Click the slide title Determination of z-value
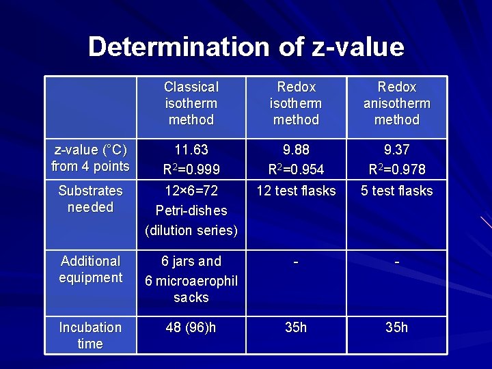246,47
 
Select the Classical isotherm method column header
191,103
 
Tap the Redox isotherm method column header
296,103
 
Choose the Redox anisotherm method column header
397,103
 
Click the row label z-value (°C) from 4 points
90,158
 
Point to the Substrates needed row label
90,199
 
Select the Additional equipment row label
90,269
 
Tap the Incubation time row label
90,336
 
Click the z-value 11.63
191,150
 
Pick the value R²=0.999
191,169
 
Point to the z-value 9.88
296,150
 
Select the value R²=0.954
296,169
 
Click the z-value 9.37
397,150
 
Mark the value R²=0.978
397,169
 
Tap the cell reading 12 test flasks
296,191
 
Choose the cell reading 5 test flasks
397,191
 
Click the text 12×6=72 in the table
191,191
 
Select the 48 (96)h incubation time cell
191,327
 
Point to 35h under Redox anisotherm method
397,327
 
